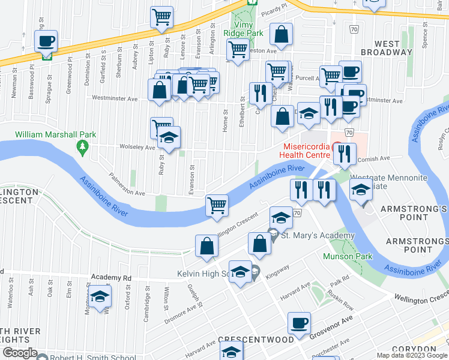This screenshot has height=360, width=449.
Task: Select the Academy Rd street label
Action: point(110,278)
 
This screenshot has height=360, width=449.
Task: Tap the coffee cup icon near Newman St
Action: point(46,42)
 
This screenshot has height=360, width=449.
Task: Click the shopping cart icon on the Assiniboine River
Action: point(217,205)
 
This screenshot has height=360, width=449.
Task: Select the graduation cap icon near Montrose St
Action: point(100,298)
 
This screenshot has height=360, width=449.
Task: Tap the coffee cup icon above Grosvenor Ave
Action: point(298,324)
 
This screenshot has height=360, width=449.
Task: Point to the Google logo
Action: point(19,353)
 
